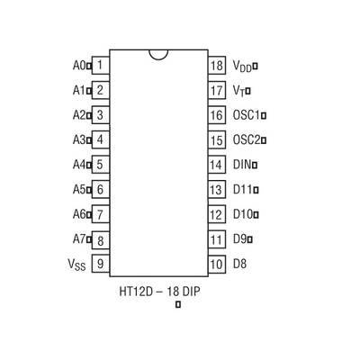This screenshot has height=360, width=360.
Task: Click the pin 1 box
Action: coord(100,65)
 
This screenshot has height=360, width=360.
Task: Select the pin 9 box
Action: coord(100,264)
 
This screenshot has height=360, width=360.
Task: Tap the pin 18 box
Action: coord(217,65)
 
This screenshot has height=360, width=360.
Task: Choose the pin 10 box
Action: coord(217,265)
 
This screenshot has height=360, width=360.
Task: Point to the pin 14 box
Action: coord(217,165)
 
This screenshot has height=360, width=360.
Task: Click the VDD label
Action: coord(242,66)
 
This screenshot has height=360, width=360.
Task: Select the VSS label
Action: coord(76,265)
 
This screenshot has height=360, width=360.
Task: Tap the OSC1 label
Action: coord(246,115)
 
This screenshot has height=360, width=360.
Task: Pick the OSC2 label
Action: coord(247,140)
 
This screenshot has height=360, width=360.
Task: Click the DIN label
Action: coord(242,165)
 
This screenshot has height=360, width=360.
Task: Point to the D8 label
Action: coord(239,264)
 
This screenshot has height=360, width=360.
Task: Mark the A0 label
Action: coord(79,65)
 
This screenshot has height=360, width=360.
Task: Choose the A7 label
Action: coord(79,239)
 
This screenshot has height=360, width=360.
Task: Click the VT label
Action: coord(238,91)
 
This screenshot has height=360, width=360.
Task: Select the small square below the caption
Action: coord(178,304)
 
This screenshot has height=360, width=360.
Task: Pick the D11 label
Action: coord(243,190)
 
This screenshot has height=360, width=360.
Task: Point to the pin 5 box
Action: coord(100,165)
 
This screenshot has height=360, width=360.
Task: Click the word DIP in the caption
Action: coord(191,292)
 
